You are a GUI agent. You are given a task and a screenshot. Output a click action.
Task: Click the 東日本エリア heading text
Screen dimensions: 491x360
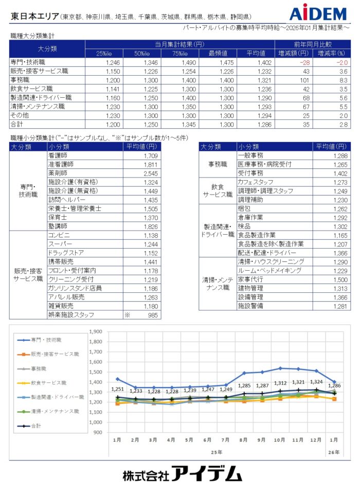(x=34, y=16)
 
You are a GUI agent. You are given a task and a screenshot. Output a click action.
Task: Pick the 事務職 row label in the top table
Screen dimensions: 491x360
(x=22, y=80)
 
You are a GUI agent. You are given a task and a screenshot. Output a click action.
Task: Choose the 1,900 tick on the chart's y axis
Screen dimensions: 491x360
(x=96, y=332)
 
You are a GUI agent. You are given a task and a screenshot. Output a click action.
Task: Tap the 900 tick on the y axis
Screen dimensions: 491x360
(x=97, y=432)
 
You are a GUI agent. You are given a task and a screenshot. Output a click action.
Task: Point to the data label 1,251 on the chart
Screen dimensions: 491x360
(x=118, y=389)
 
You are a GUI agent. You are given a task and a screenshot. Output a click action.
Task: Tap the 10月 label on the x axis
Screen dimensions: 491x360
(x=280, y=440)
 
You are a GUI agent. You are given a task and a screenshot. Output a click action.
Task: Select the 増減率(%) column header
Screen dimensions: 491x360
(x=331, y=53)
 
